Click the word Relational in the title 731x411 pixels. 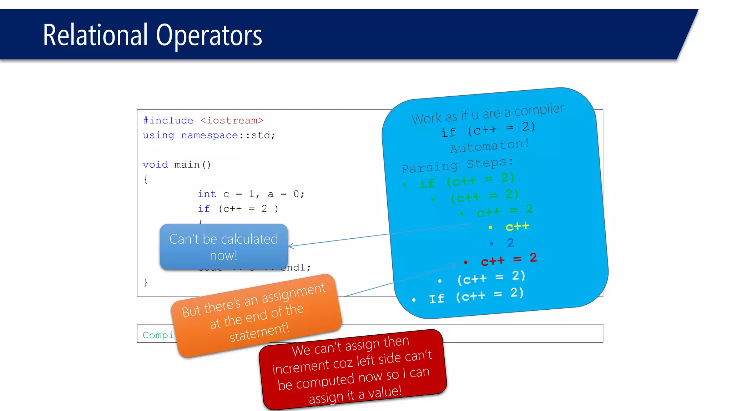tap(95, 35)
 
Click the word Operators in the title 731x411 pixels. tap(209, 36)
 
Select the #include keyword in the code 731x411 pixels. tap(168, 121)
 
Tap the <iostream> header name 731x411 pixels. tap(232, 121)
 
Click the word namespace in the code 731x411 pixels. tap(209, 136)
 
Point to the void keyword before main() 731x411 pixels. tap(155, 164)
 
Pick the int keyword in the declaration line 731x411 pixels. tap(207, 194)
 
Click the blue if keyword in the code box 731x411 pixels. tap(204, 209)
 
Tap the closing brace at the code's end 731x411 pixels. tap(146, 282)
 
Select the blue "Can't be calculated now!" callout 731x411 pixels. tap(223, 247)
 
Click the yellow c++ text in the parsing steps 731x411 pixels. tap(517, 226)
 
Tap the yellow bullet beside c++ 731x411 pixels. tap(490, 227)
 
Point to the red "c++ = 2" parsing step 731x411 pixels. tap(509, 259)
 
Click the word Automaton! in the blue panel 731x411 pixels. tap(490, 146)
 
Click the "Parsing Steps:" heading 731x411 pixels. tap(457, 165)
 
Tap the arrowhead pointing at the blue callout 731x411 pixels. tap(290, 246)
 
